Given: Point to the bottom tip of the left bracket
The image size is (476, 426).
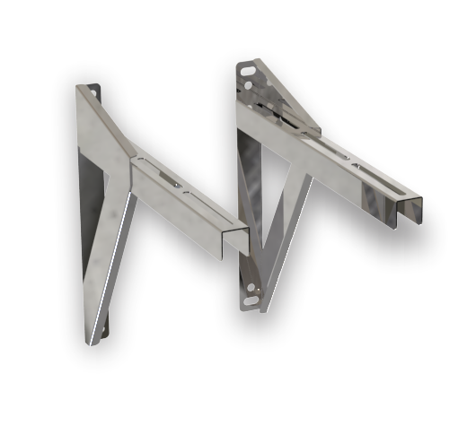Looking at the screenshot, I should click(93, 342).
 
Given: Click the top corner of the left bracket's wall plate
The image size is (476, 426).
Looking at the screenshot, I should click(79, 89).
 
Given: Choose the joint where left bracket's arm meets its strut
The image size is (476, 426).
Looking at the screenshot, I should click(135, 184).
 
